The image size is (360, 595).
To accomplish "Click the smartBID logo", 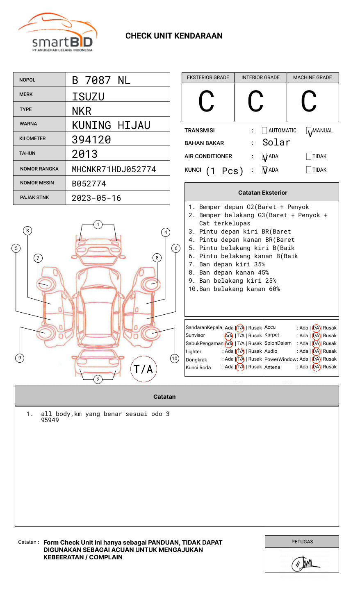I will click(57, 33).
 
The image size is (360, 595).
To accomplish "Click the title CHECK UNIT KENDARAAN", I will click(174, 36).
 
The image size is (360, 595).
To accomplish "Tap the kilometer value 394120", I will click(91, 140).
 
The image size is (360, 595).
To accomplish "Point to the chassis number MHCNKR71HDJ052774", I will click(114, 169).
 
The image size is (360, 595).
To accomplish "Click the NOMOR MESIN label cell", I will click(39, 183).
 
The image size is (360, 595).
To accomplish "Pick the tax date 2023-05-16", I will click(96, 198).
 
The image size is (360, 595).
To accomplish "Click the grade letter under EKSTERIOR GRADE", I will click(207, 102).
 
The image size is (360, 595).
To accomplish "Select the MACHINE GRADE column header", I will click(312, 77).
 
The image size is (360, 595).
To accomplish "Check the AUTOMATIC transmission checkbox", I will click(264, 131).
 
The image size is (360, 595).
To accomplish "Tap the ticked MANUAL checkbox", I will click(309, 131).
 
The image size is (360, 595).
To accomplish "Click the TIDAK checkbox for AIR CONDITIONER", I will click(309, 157).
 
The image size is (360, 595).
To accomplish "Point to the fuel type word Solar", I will click(276, 143).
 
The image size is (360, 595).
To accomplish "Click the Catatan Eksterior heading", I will click(262, 193).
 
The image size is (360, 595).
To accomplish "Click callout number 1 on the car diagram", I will click(98, 225).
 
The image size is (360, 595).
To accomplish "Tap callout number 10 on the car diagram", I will click(175, 359).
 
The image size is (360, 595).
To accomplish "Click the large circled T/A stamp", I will click(144, 369).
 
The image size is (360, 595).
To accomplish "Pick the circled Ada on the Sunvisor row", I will click(229, 336).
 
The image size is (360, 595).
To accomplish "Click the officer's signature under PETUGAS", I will click(304, 563).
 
